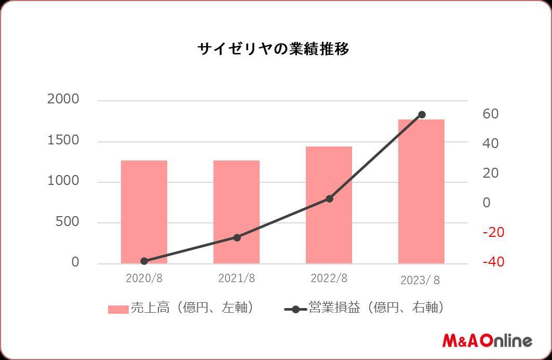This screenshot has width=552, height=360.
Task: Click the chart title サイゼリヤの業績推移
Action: pyautogui.click(x=273, y=49)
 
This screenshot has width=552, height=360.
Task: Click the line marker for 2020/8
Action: pyautogui.click(x=144, y=261)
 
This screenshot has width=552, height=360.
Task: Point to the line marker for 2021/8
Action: pyautogui.click(x=237, y=237)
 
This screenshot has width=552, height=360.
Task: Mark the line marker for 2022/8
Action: pyautogui.click(x=329, y=198)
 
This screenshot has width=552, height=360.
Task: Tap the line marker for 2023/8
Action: pyautogui.click(x=422, y=114)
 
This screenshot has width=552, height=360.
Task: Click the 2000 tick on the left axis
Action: pyautogui.click(x=63, y=99)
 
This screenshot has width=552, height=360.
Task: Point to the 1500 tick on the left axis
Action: pyautogui.click(x=63, y=140)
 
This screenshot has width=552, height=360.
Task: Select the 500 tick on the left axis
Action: pyautogui.click(x=68, y=222)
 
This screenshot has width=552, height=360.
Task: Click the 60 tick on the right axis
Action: pyautogui.click(x=491, y=114)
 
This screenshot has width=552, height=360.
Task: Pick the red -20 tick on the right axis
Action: pyautogui.click(x=493, y=232)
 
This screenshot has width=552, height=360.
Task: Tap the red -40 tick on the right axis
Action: pyautogui.click(x=493, y=262)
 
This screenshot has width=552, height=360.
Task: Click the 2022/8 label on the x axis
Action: pyautogui.click(x=329, y=278)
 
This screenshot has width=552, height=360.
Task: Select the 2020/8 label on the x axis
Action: pyautogui.click(x=144, y=278)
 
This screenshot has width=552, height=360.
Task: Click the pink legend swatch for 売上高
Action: pyautogui.click(x=118, y=309)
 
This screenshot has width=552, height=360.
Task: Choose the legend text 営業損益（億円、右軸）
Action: pyautogui.click(x=376, y=308)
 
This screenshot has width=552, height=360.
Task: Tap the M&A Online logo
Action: pyautogui.click(x=487, y=341)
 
